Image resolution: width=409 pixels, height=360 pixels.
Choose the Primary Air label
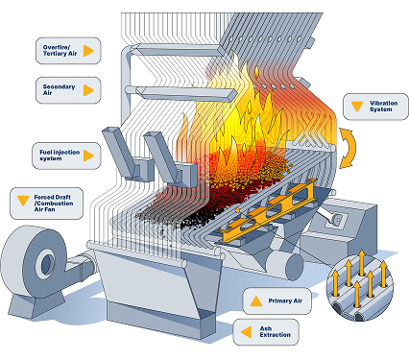(278, 301)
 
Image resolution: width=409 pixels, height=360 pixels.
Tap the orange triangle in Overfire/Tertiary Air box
(89, 50)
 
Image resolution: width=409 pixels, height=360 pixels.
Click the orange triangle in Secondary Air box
(89, 90)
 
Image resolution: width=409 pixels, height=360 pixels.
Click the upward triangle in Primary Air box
(256, 301)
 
